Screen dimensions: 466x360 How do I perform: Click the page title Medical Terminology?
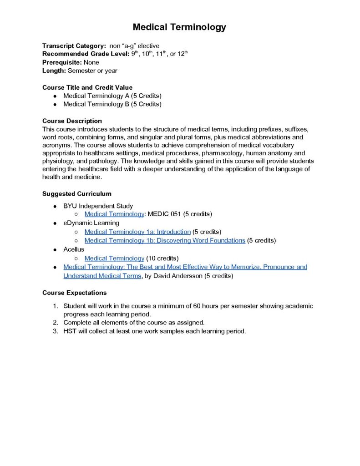coord(179,27)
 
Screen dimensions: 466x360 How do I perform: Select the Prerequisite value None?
coord(91,62)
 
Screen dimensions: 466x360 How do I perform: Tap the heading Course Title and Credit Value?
coord(87,87)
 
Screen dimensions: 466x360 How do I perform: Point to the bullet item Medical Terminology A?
coord(112,96)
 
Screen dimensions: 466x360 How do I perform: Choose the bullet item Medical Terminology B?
coord(112,104)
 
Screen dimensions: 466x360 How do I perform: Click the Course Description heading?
coord(72,121)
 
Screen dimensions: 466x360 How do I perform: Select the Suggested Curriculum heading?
coord(77,193)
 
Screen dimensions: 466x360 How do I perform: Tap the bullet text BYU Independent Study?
coord(98,206)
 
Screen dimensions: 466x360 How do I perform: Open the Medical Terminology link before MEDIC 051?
coord(114,214)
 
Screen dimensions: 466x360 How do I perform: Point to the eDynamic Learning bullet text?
coord(91,223)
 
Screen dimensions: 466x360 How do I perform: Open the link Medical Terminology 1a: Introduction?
coord(137,232)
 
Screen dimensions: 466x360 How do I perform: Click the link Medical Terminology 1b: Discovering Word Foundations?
coord(165,240)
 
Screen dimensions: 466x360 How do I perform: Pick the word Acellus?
coord(74,249)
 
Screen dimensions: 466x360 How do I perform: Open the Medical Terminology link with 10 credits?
coord(114,258)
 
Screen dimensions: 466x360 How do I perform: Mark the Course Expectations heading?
coord(75,293)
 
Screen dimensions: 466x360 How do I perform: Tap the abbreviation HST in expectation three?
coord(70,331)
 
